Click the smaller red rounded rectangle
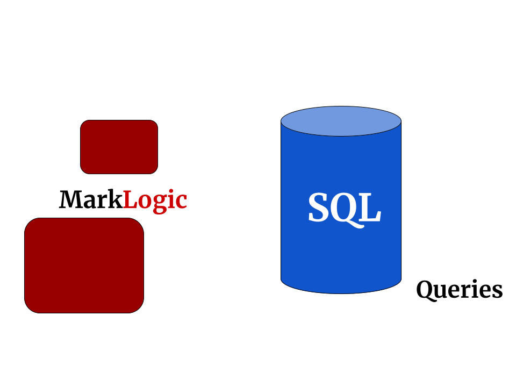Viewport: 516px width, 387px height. (119, 147)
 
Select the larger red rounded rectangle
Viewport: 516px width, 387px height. (84, 265)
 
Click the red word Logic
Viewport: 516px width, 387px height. (155, 200)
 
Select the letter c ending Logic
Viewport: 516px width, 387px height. (181, 202)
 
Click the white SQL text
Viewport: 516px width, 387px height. (344, 209)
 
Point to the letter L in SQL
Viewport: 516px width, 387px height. (370, 209)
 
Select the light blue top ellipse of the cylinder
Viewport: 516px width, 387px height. (341, 121)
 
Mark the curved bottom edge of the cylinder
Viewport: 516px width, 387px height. (341, 292)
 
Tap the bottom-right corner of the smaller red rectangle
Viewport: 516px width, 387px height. (154, 170)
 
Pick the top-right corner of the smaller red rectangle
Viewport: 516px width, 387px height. (154, 124)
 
